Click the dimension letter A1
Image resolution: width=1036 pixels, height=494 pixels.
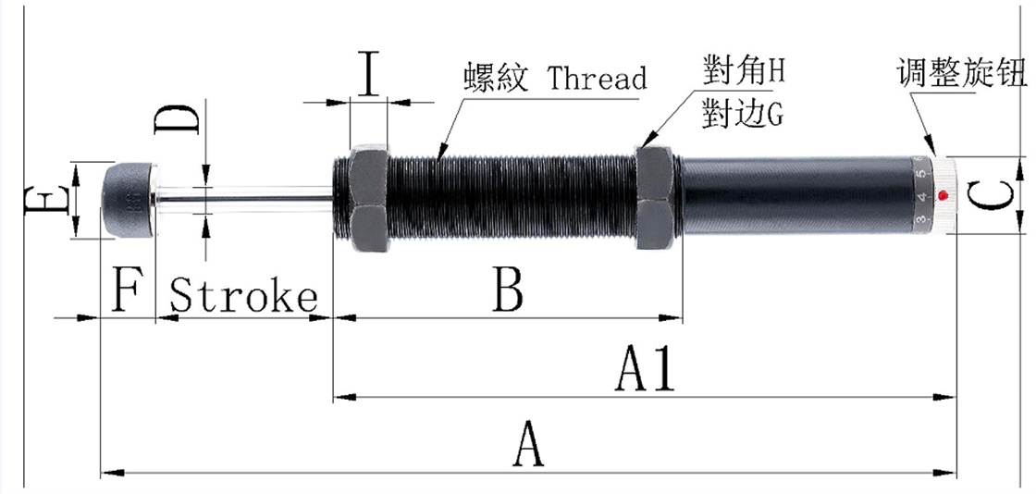coord(647,370)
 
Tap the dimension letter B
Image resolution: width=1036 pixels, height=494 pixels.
coord(508,290)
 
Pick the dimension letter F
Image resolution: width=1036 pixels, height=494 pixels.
coord(126,292)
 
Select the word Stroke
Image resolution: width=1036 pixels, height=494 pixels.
coord(245,297)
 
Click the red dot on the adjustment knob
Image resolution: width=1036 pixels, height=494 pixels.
coord(942,195)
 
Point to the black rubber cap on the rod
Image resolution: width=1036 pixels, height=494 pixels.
coord(127,199)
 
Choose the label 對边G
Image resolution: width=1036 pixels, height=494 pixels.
coord(742,114)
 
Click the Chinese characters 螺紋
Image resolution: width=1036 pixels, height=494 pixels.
coord(496,78)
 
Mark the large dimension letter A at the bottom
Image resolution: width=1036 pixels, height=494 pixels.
coord(527,445)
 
